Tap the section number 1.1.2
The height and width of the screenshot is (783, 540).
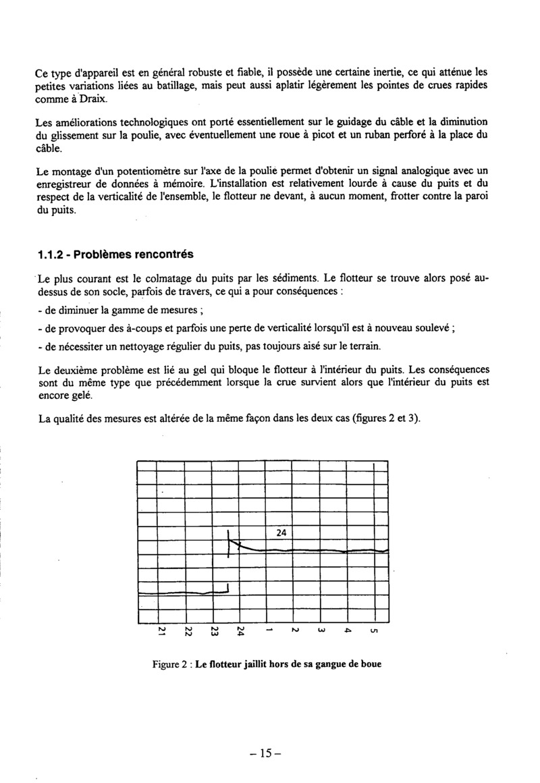point(52,254)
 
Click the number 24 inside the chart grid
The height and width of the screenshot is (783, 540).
point(282,533)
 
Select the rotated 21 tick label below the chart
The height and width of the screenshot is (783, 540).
point(163,632)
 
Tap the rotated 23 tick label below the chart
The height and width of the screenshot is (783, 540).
point(214,632)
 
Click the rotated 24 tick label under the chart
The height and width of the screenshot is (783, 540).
point(241,632)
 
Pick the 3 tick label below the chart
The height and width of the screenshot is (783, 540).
point(321,632)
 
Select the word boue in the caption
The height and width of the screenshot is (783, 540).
point(371,664)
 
